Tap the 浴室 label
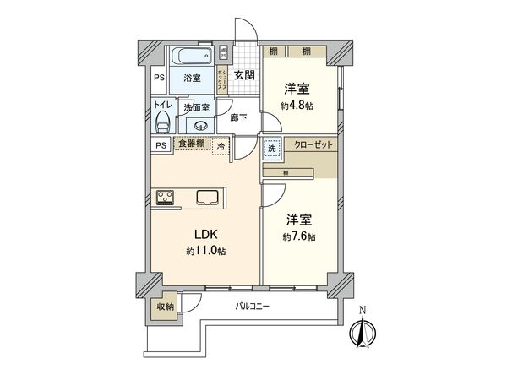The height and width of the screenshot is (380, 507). pos(192,79)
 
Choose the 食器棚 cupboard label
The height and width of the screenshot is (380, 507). pos(191,144)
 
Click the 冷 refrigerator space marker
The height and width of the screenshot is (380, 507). pos(221,145)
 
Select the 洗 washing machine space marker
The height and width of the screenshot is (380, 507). pos(271,147)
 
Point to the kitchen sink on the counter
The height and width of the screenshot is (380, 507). pos(207,198)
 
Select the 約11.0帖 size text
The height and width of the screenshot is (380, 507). pos(205,251)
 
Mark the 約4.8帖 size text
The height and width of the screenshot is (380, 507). pos(297,106)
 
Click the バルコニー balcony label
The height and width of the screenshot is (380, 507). pos(253,307)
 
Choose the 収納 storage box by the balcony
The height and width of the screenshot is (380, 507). pos(166,307)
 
